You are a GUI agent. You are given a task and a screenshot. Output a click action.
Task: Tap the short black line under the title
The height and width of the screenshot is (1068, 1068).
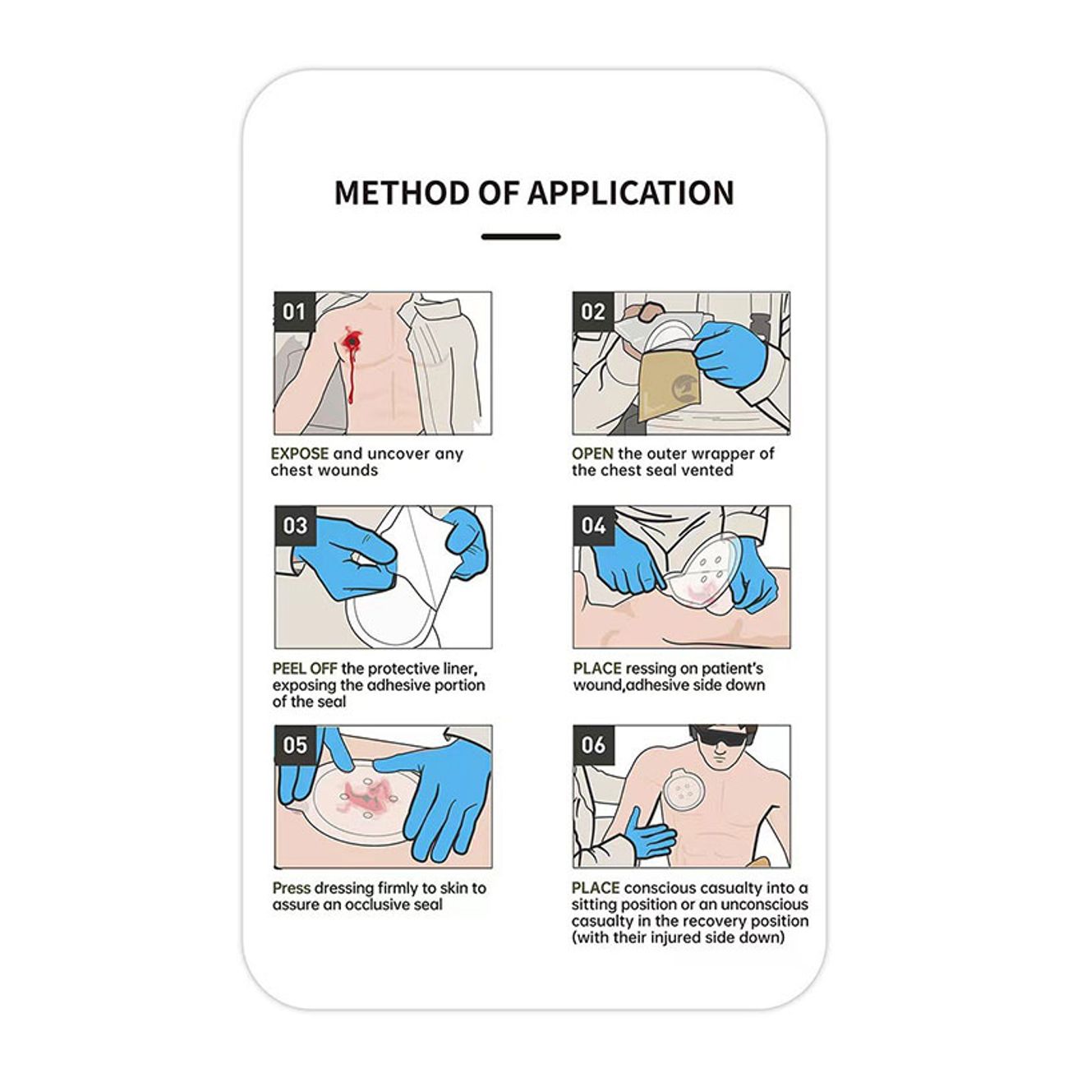tap(520, 237)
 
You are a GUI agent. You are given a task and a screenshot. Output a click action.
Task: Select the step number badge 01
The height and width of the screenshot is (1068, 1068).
tap(294, 311)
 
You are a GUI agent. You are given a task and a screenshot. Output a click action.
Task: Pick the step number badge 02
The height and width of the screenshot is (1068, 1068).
tap(592, 311)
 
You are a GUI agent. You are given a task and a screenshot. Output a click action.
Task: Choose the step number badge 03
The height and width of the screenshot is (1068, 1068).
tap(295, 526)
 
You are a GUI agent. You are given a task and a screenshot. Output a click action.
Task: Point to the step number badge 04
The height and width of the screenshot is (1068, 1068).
tap(594, 526)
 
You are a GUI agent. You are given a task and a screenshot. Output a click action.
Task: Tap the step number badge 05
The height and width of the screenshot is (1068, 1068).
tap(295, 745)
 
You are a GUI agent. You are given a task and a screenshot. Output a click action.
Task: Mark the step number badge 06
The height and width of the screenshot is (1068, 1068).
tap(594, 745)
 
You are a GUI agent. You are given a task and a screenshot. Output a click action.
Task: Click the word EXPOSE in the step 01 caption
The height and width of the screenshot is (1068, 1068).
tap(300, 453)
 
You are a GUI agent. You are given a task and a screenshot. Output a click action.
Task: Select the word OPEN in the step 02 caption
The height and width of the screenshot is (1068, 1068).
tap(592, 453)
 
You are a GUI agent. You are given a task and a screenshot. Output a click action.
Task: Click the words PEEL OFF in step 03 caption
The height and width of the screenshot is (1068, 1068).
tap(304, 669)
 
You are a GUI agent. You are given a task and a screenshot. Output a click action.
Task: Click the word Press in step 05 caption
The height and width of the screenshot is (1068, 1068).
tap(291, 888)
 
